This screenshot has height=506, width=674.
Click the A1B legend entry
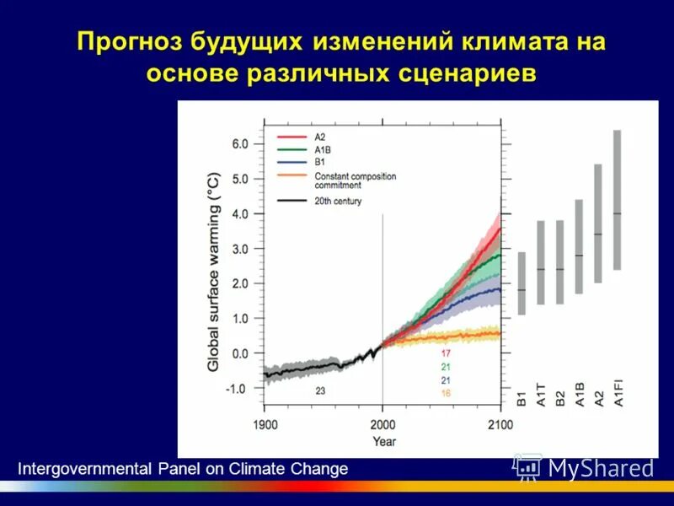point(322,149)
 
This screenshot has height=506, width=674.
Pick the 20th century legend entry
point(338,201)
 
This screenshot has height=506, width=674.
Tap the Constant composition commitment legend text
point(355,180)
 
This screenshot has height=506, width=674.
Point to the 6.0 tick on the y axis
point(240,144)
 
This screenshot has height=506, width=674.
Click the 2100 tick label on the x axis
point(500,424)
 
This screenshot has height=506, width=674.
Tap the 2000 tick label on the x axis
point(382,424)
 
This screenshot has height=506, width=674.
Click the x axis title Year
point(384,440)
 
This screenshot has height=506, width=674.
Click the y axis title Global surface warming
point(214,272)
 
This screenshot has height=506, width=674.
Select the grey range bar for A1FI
point(617,200)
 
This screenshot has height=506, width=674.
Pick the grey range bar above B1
point(522,283)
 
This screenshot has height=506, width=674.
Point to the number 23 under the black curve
point(321,390)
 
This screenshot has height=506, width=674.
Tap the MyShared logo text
point(601,468)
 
